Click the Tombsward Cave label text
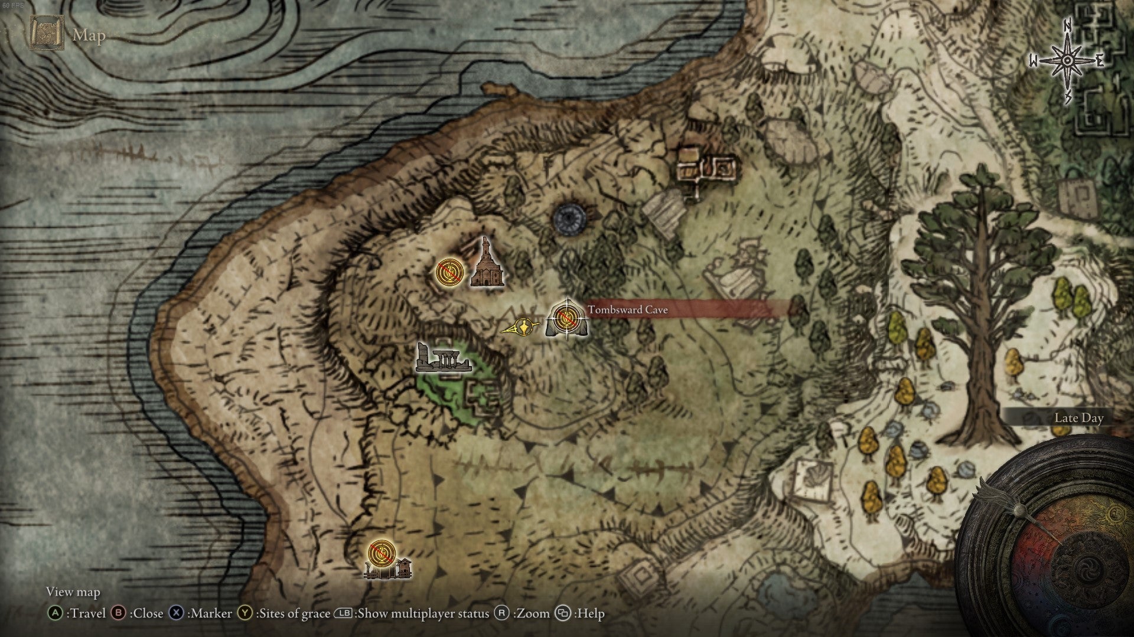coord(627,310)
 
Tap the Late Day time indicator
coord(1078,418)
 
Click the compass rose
coord(1067,61)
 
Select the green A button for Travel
coord(55,613)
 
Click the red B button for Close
coord(119,613)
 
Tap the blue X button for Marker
coord(176,613)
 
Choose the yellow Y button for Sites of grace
coord(245,613)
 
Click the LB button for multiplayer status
coord(344,613)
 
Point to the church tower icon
coord(487,266)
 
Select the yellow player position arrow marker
coord(522,326)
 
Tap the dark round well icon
coord(569,218)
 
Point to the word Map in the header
coord(89,35)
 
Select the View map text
coord(73,592)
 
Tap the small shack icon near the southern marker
coord(404,567)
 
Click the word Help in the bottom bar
coord(591,613)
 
